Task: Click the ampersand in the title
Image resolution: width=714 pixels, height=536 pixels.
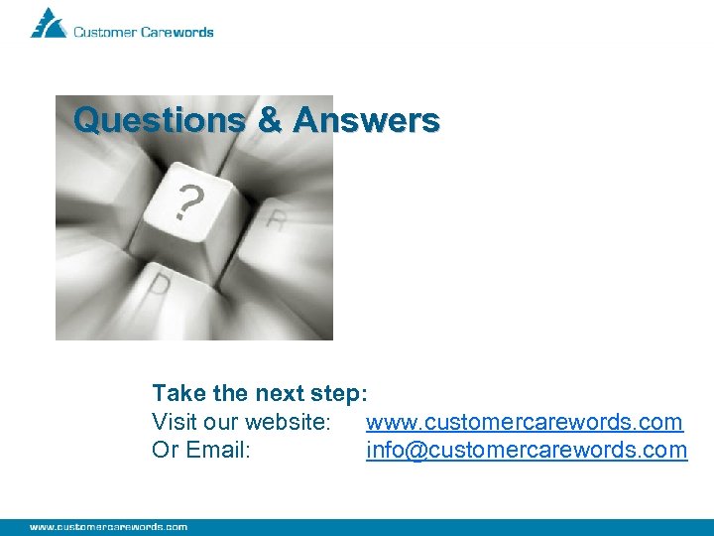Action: [269, 121]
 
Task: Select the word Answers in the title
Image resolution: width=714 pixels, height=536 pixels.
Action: [366, 121]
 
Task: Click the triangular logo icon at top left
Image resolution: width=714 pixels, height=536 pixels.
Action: [48, 24]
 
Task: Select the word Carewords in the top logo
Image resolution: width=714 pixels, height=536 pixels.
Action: [178, 32]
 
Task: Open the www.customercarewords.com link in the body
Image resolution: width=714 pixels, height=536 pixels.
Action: [524, 422]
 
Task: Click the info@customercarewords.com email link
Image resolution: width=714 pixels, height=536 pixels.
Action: [526, 450]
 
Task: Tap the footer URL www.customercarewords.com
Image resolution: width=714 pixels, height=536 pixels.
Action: [108, 527]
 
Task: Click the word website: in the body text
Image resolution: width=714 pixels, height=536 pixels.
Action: [288, 422]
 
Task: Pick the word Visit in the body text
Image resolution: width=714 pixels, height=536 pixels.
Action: [174, 422]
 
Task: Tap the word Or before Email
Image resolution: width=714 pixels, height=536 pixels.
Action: [165, 450]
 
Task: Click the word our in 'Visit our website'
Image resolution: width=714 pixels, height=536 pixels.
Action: [220, 422]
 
